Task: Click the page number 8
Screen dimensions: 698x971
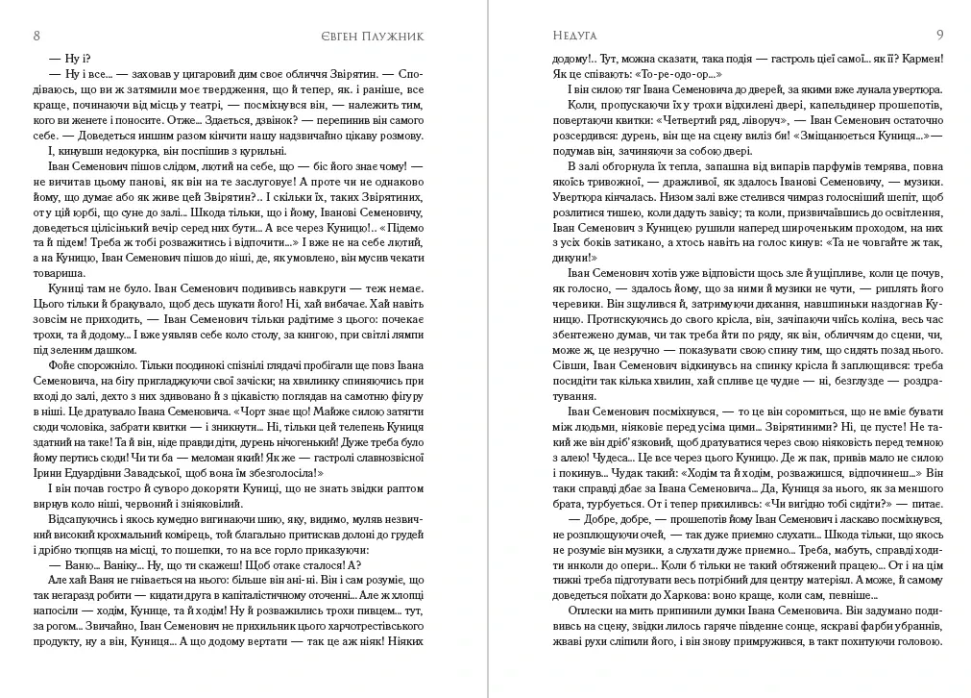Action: [36, 36]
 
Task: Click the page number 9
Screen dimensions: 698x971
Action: [939, 36]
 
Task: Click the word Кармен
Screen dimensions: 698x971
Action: [916, 59]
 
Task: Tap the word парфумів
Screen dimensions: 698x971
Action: [774, 167]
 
